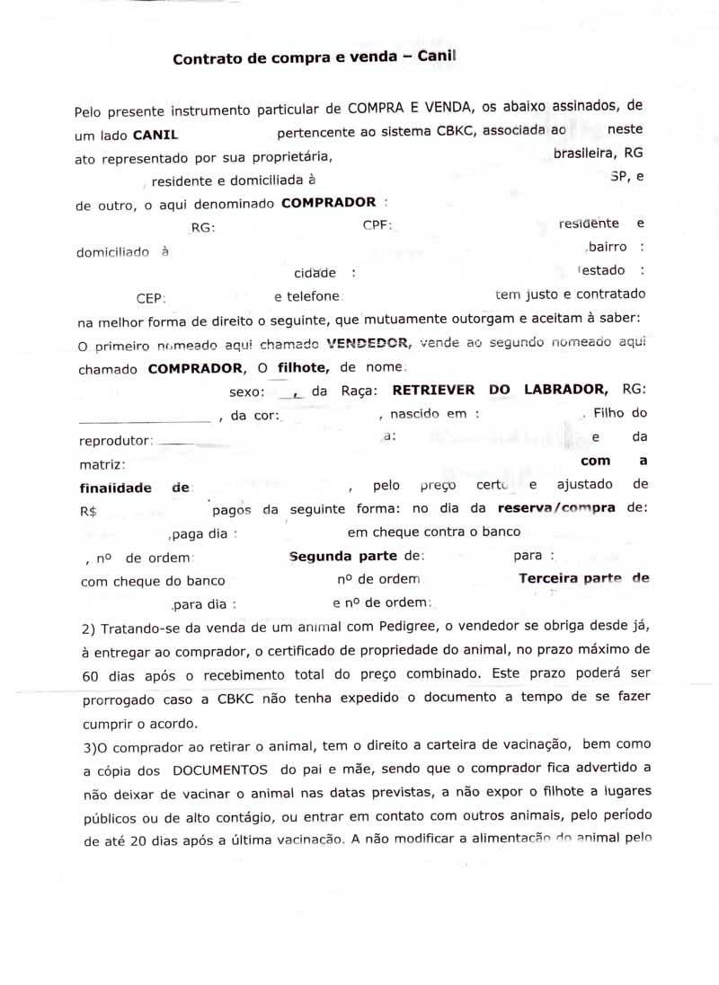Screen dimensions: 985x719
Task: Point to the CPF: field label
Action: click(x=377, y=224)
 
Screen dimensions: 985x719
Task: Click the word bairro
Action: click(x=608, y=245)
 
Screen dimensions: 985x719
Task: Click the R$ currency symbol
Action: click(x=88, y=510)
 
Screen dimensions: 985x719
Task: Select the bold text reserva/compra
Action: click(x=556, y=507)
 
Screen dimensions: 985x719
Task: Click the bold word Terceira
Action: click(x=549, y=578)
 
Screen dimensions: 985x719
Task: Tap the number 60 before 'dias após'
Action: click(x=89, y=673)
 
